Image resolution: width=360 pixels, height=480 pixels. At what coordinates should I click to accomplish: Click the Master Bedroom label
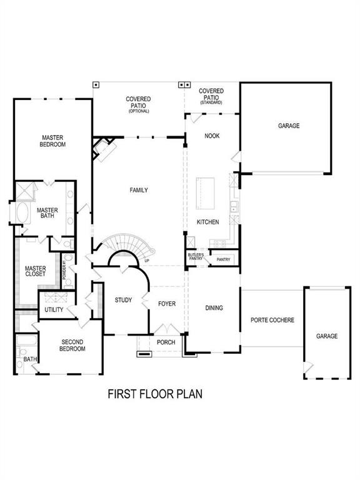[54, 141]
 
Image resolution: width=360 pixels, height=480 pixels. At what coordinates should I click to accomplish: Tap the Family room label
[139, 190]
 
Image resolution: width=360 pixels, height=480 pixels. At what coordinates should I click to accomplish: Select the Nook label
[212, 135]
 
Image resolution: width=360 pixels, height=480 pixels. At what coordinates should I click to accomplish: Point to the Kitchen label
[207, 222]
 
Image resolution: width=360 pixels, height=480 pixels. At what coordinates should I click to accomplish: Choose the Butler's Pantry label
[196, 257]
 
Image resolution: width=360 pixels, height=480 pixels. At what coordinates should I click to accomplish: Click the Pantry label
[223, 259]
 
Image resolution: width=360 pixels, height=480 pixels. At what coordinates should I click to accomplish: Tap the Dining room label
[214, 307]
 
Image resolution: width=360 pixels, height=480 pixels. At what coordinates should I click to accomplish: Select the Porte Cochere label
[272, 320]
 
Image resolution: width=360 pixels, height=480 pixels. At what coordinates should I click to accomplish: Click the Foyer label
[166, 304]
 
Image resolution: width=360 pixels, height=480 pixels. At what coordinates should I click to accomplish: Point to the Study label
[123, 300]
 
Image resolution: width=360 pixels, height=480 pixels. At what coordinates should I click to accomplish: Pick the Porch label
[166, 342]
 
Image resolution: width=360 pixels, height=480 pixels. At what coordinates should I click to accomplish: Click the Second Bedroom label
[73, 345]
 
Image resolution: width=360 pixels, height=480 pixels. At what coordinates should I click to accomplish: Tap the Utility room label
[53, 310]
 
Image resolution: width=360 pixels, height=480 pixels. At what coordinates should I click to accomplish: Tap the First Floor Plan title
[155, 394]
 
